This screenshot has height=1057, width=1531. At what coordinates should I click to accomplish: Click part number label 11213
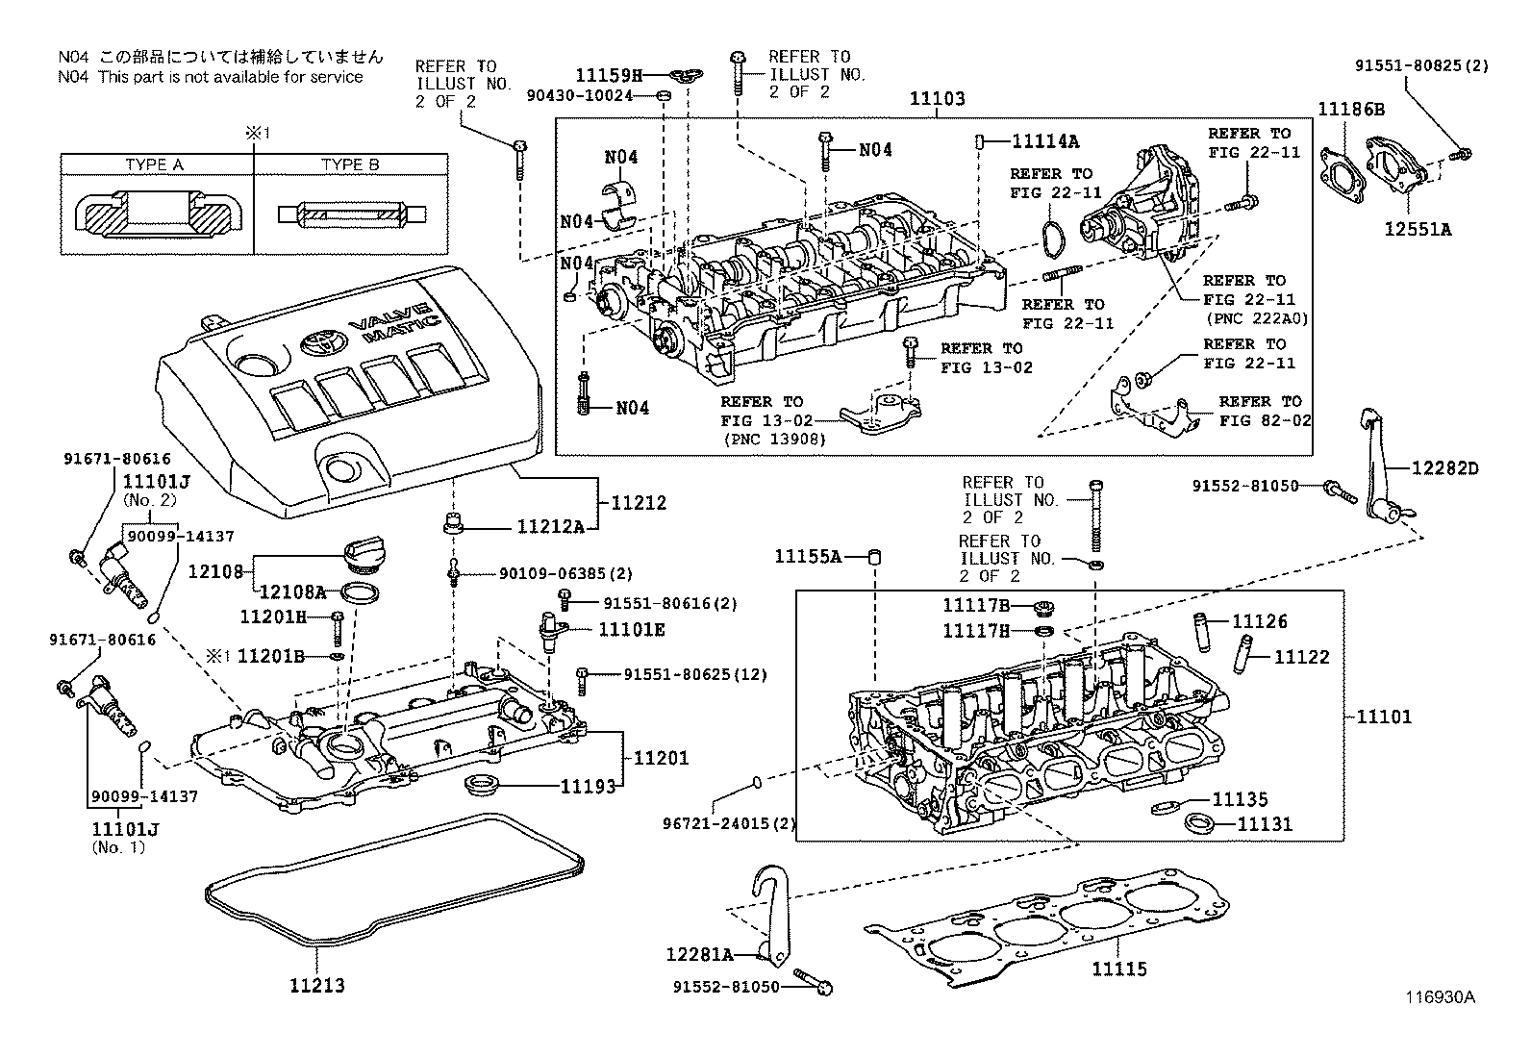point(316,985)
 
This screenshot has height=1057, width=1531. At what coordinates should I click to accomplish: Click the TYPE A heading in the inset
point(154,164)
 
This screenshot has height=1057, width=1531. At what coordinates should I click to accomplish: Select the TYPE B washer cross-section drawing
point(351,213)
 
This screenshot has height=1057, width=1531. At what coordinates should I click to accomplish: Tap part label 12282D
point(1444,468)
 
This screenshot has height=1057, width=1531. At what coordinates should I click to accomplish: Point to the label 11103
point(937,98)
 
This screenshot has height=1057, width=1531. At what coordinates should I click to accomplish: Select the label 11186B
point(1350,110)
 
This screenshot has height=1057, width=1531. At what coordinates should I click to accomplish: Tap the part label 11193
point(588,786)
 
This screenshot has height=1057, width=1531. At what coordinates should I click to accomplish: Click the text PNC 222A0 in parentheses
point(1256,318)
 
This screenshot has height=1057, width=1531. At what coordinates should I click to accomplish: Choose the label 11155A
point(809,556)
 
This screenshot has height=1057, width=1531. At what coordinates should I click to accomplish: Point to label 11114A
point(1045,141)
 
